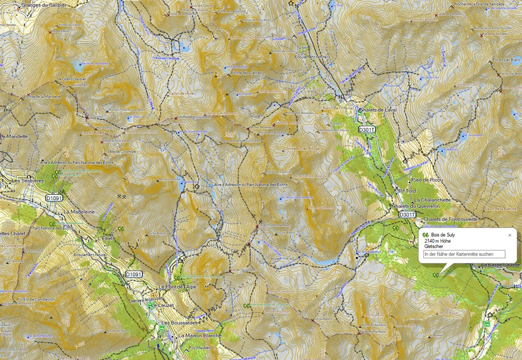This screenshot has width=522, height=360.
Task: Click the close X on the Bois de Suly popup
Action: (x=510, y=235)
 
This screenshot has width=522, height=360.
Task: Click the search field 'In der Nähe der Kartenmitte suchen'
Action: (x=464, y=254)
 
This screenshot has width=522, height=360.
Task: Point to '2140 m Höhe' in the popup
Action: (x=437, y=241)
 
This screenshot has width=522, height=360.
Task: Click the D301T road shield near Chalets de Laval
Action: (x=367, y=129)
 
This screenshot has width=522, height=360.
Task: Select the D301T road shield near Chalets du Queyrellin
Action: (x=407, y=214)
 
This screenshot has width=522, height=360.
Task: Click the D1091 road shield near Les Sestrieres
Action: (x=54, y=198)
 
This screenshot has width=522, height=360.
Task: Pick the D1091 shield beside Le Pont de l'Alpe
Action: (x=134, y=274)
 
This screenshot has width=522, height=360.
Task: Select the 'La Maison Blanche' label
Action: (x=200, y=335)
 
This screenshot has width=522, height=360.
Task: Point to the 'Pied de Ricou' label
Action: (x=427, y=179)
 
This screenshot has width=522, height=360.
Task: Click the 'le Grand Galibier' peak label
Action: (x=74, y=79)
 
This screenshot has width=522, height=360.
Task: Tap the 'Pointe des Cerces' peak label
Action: (x=247, y=73)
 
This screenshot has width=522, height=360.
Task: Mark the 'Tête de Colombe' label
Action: (x=118, y=152)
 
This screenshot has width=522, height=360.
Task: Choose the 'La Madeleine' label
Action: (x=79, y=212)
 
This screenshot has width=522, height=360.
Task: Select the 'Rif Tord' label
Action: (x=407, y=190)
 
